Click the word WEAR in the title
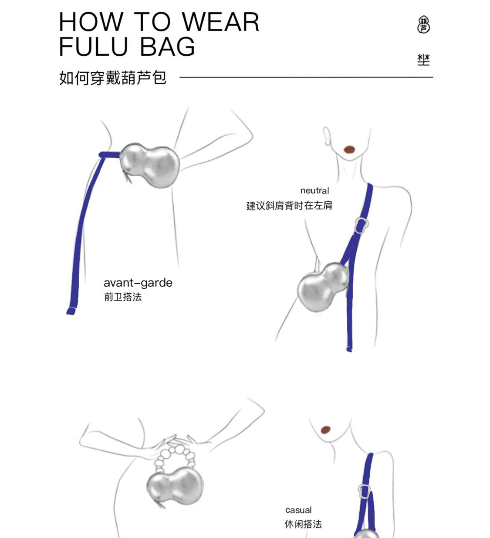(220, 22)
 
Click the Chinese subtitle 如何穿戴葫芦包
(113, 78)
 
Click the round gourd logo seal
(423, 24)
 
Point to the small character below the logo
(423, 60)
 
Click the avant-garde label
(138, 283)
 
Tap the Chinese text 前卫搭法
(123, 297)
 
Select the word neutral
(314, 190)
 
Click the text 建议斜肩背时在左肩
(289, 205)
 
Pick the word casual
(298, 510)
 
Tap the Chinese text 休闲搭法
(303, 524)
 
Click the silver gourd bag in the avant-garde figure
(150, 165)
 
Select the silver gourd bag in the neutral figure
(323, 287)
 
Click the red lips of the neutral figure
(349, 149)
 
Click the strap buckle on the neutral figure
(361, 225)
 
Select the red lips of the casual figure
(325, 430)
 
